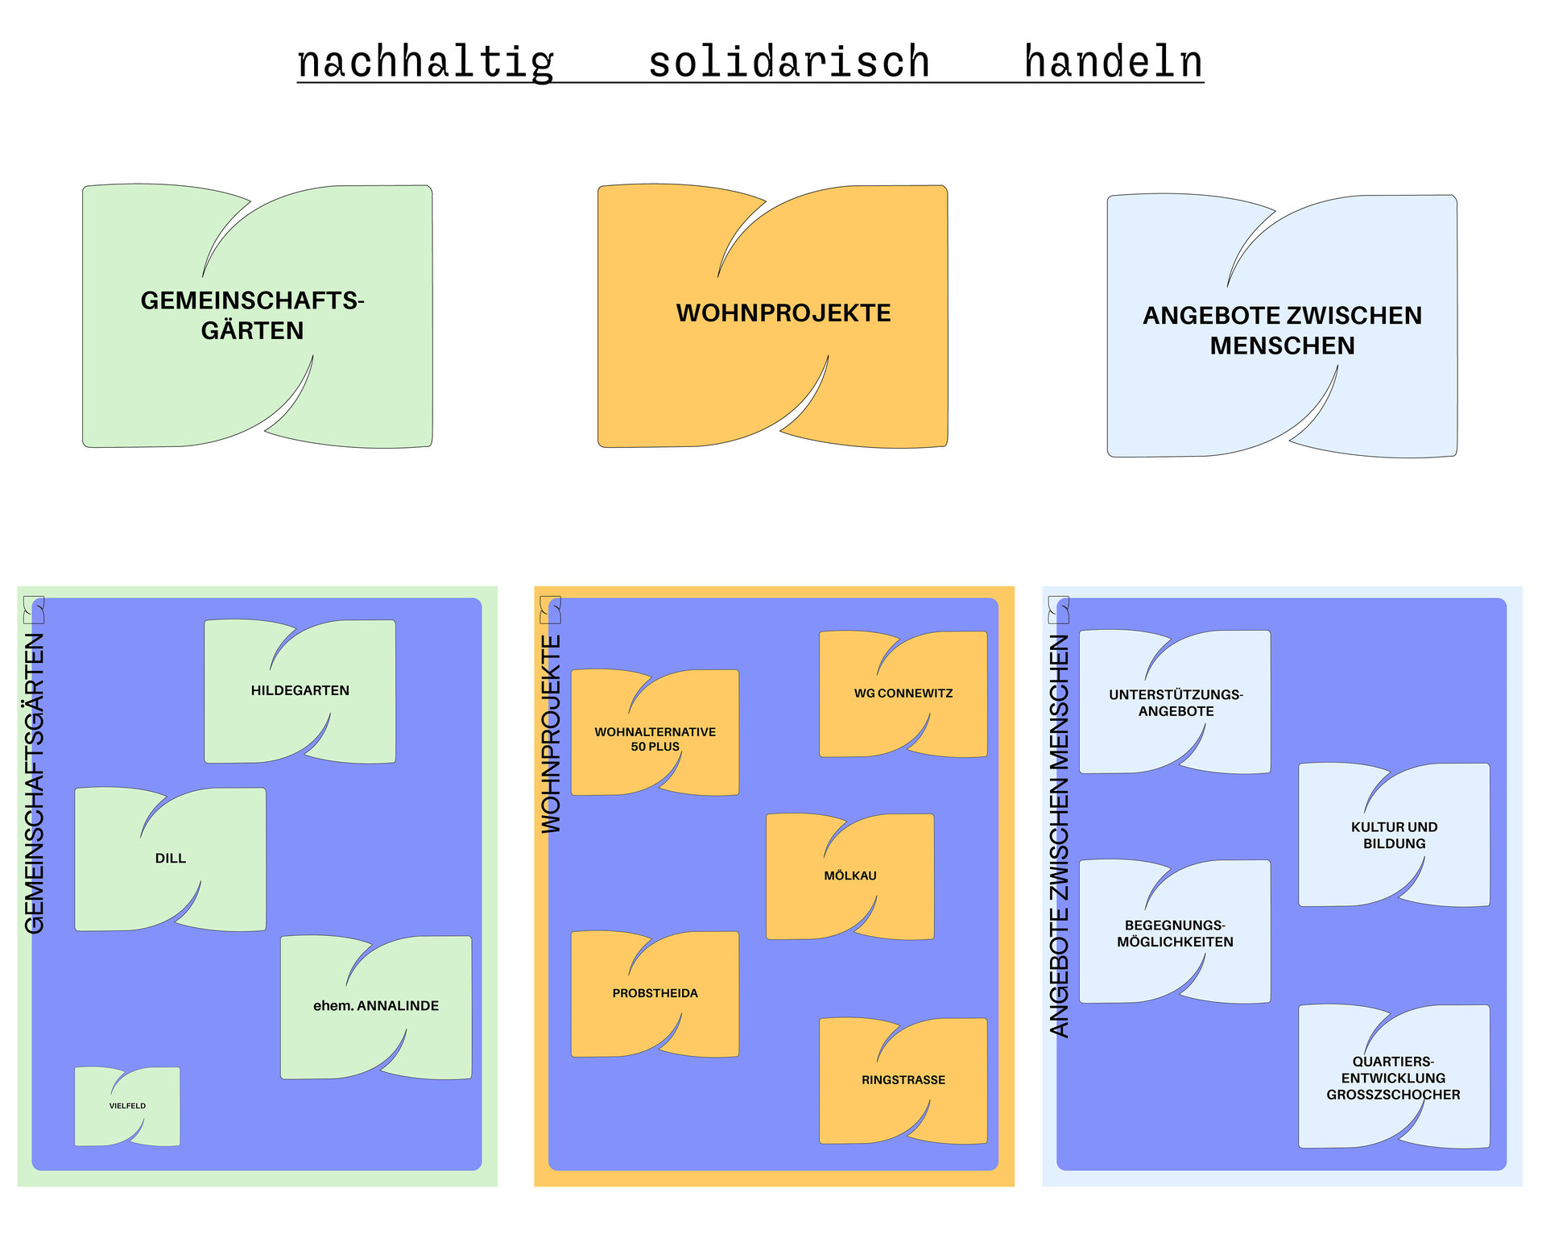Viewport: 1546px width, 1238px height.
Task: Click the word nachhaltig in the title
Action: tap(425, 62)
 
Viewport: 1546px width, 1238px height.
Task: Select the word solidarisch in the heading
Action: tap(789, 62)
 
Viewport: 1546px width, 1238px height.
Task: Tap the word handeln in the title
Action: tap(1113, 62)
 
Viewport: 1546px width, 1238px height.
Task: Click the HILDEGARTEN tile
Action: tap(300, 691)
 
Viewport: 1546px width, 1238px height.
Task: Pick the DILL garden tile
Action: tap(170, 859)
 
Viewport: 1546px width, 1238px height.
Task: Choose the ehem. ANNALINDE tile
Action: tap(376, 1006)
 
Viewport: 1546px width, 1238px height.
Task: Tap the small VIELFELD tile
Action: tap(127, 1106)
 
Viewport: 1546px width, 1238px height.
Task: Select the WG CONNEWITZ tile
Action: tap(903, 694)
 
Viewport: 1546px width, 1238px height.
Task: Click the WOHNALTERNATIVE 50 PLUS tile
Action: tap(655, 739)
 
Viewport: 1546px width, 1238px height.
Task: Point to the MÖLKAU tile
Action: tap(849, 876)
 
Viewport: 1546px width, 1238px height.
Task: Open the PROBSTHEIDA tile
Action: tap(655, 994)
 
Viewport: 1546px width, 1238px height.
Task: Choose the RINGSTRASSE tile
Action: tap(903, 1080)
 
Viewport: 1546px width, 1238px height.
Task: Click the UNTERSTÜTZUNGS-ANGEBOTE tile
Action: tap(1175, 703)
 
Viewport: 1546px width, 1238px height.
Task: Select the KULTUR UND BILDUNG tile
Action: tap(1394, 835)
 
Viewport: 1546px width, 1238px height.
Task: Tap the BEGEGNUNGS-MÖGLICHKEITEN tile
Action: tap(1175, 934)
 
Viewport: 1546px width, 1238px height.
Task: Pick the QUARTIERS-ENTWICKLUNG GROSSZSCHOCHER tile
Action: tap(1393, 1078)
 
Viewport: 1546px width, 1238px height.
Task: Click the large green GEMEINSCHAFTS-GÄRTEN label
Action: tap(252, 315)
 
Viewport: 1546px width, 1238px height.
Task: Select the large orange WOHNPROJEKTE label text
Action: tap(783, 313)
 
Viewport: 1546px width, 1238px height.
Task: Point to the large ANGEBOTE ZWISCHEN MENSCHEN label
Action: tap(1282, 330)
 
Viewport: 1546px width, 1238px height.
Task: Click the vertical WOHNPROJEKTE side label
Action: tap(551, 734)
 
